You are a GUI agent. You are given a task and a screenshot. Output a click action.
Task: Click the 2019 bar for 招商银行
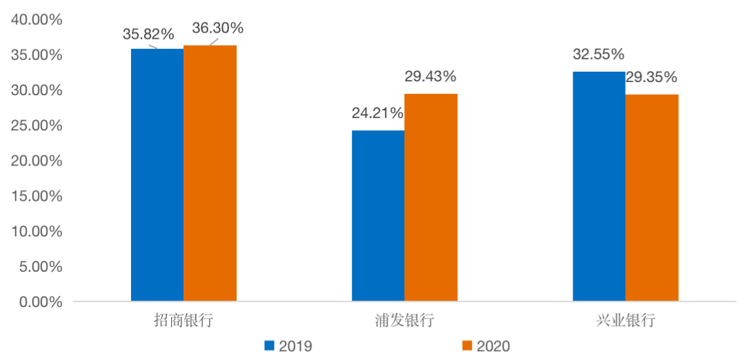(x=157, y=175)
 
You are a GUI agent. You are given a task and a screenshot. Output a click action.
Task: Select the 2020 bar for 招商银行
(x=210, y=173)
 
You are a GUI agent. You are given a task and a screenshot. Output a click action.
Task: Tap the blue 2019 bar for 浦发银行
(x=378, y=216)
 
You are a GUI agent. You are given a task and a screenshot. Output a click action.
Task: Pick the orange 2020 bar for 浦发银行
(x=431, y=197)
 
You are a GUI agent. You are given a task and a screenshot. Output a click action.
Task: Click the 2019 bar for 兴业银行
(x=599, y=186)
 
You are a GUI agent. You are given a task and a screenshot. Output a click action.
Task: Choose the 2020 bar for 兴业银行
(x=652, y=198)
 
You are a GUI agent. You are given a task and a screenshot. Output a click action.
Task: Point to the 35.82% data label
(x=149, y=34)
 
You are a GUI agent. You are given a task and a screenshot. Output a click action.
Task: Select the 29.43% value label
(x=430, y=77)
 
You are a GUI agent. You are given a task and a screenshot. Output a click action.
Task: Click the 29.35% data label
(x=651, y=77)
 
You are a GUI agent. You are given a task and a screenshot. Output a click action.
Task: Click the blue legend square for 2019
(x=270, y=345)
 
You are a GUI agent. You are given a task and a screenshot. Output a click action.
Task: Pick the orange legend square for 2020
(x=467, y=345)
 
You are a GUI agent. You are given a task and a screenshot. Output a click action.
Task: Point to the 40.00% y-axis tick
(x=37, y=20)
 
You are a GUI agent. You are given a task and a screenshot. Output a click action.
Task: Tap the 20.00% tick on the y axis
(x=37, y=161)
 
